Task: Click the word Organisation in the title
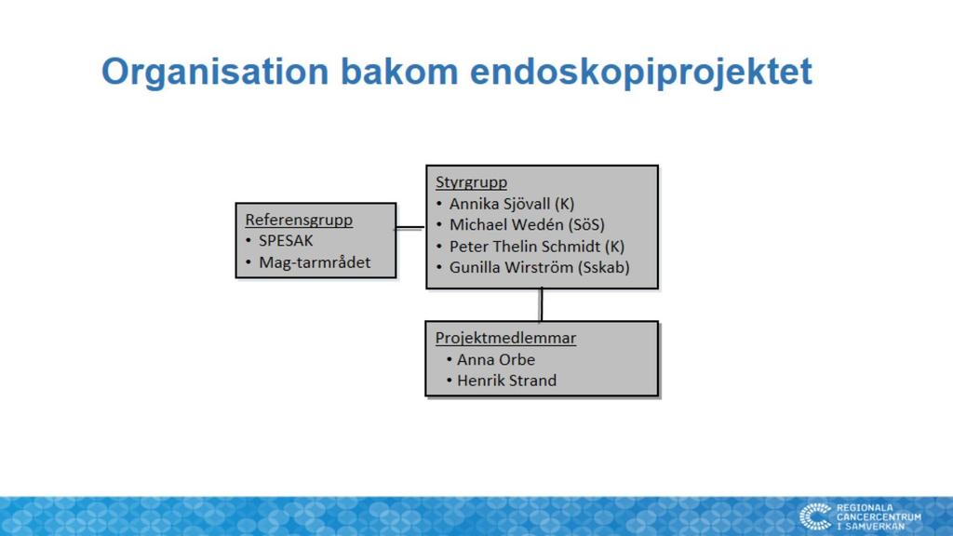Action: [x=215, y=73]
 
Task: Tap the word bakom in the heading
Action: [x=399, y=71]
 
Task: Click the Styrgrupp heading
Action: [x=471, y=182]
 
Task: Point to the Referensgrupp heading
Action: [x=299, y=220]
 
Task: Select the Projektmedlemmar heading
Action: [x=505, y=338]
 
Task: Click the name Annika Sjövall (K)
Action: [x=512, y=204]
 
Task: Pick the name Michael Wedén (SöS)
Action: [x=527, y=225]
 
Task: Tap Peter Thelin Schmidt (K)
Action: [x=537, y=246]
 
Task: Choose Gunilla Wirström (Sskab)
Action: [x=539, y=267]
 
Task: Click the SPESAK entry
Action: [x=286, y=241]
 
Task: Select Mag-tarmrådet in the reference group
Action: [x=315, y=262]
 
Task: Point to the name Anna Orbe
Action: [x=496, y=360]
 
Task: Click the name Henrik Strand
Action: [x=507, y=381]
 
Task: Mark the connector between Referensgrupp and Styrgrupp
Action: [x=410, y=228]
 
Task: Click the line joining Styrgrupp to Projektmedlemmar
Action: [x=541, y=304]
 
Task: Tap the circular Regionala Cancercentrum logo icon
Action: [x=815, y=516]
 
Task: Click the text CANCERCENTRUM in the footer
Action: [x=879, y=517]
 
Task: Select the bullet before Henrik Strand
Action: [x=450, y=381]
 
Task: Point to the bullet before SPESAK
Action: [x=248, y=241]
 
